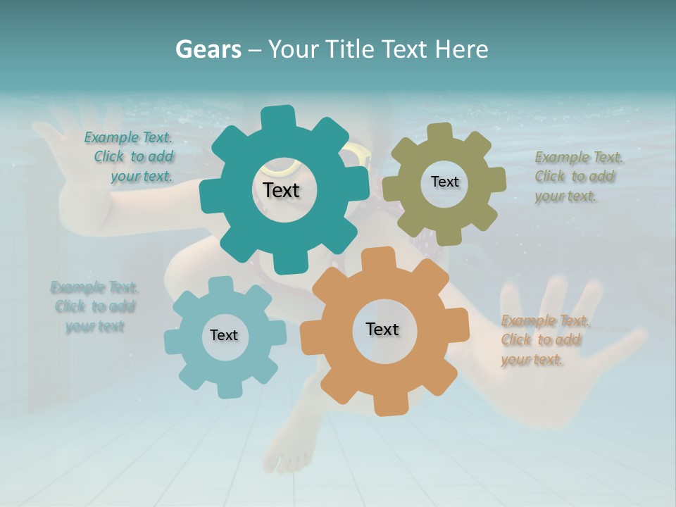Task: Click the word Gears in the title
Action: (208, 49)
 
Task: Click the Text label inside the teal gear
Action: (282, 190)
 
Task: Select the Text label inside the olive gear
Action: (444, 182)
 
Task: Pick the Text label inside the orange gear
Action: (382, 329)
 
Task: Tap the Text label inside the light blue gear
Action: (224, 335)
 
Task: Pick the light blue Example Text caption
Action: (94, 307)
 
